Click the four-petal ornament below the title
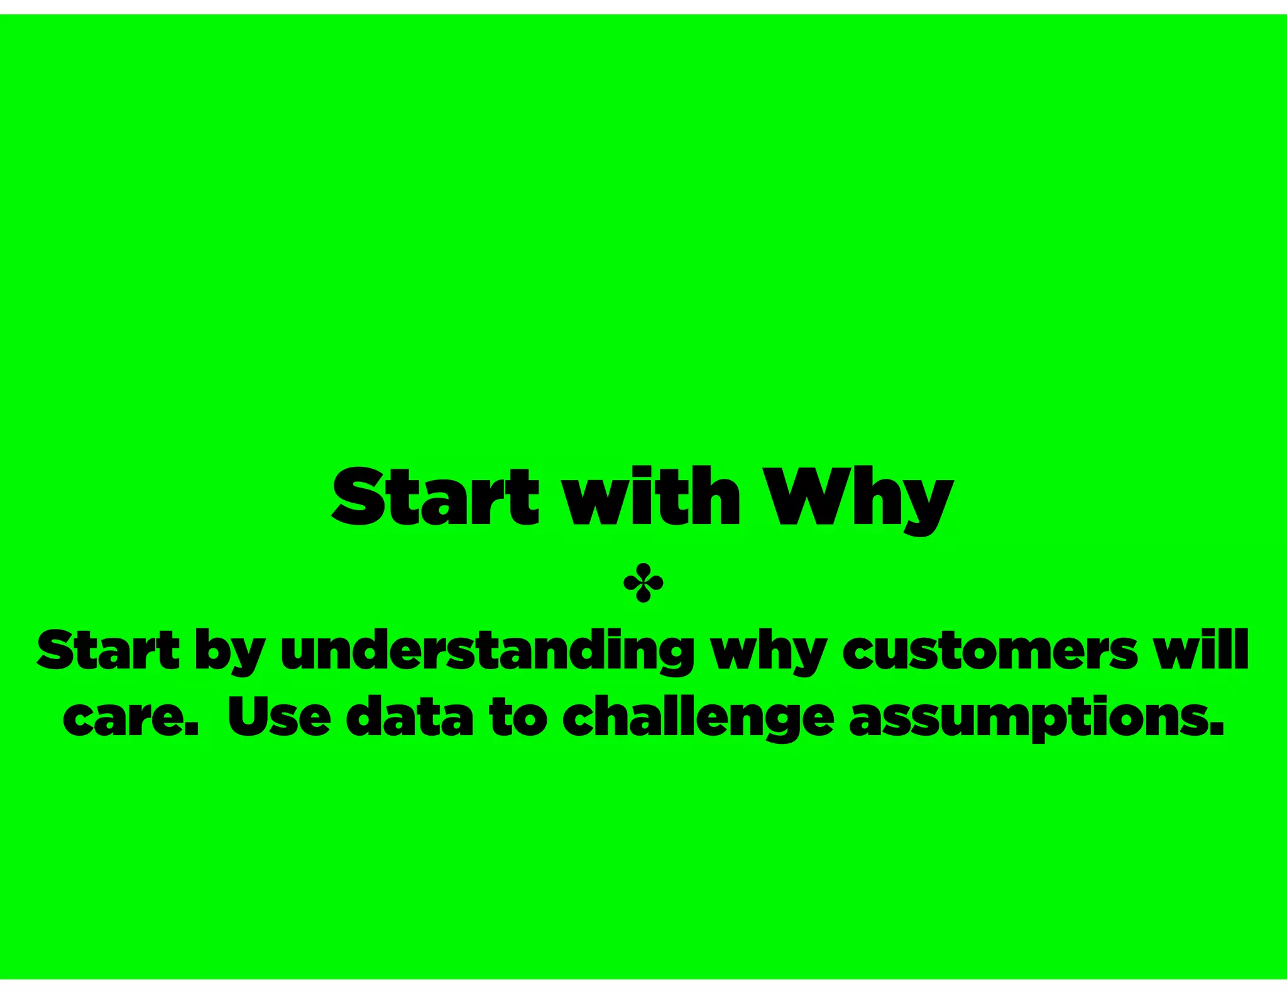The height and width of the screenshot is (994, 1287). coord(643,583)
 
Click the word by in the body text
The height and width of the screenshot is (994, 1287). coord(230,652)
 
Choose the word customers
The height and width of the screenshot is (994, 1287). coord(990,650)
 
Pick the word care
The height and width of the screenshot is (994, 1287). coord(126,718)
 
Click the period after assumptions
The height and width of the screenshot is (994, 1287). coord(1217,730)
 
